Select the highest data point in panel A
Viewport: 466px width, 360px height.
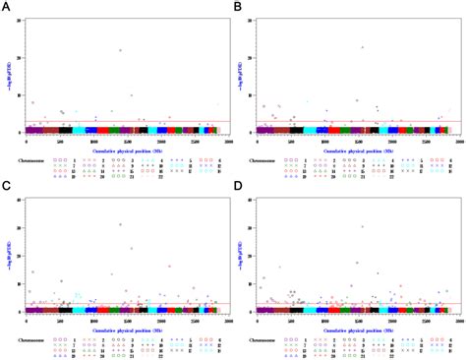121,50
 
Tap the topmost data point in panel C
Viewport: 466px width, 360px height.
121,224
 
